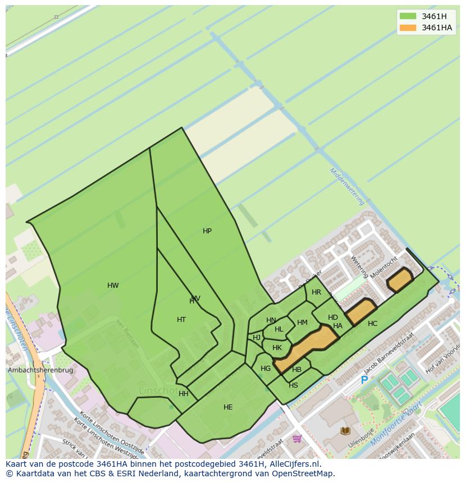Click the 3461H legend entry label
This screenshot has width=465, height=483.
click(434, 16)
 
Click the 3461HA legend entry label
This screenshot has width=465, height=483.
click(436, 27)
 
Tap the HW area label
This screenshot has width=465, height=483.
click(113, 286)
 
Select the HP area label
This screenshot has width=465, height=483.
click(207, 231)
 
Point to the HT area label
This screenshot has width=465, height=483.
click(181, 320)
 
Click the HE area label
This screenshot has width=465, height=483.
click(228, 407)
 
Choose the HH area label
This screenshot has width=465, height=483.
click(184, 394)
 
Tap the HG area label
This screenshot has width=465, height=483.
click(266, 369)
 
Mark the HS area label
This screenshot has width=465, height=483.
click(293, 385)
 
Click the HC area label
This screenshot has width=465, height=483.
click(373, 324)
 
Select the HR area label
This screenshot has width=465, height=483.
click(316, 292)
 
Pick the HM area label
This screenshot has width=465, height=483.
click(302, 323)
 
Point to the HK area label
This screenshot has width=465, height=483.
click(277, 348)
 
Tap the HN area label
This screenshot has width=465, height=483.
click(271, 320)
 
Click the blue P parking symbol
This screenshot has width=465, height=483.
click(364, 380)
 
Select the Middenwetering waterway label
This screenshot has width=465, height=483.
click(347, 186)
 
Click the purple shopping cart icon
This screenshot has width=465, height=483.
click(297, 438)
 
